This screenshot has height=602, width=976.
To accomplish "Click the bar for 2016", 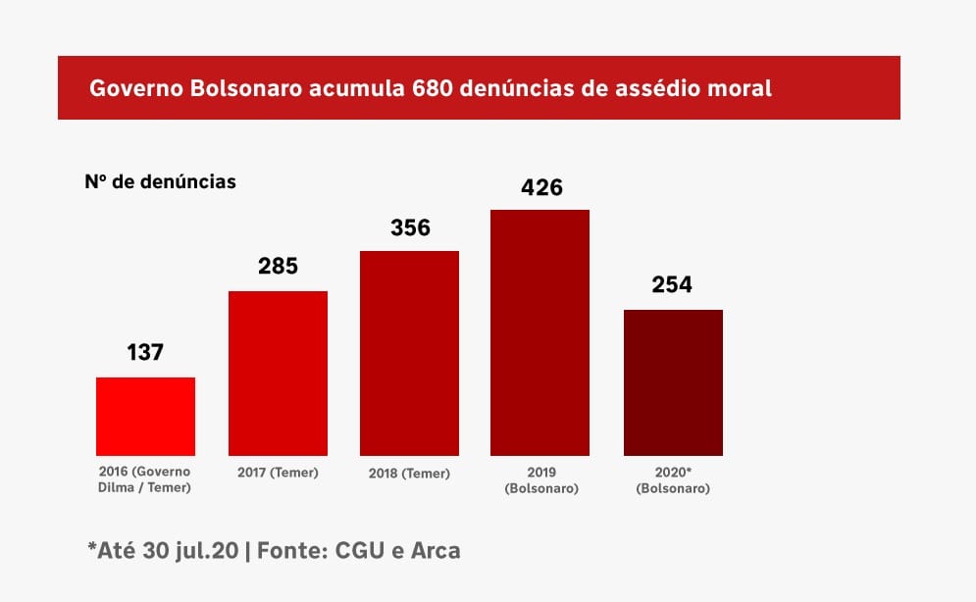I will tap(145, 416).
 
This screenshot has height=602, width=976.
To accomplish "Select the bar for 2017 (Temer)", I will tap(278, 374).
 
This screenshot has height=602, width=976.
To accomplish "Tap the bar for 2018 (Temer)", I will tap(410, 353).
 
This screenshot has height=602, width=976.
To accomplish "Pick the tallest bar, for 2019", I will tap(539, 332).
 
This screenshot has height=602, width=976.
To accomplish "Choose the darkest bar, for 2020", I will tap(673, 382).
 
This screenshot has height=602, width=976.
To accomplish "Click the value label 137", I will tap(145, 352).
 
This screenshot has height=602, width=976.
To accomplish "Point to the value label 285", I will tap(278, 266).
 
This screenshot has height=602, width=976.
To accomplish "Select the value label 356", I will tap(410, 227).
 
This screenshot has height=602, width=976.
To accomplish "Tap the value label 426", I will tap(541, 186).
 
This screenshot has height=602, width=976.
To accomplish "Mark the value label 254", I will tap(673, 284).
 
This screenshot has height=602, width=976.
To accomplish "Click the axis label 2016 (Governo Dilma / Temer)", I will tap(145, 479).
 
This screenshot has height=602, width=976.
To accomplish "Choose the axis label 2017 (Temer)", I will tap(278, 473).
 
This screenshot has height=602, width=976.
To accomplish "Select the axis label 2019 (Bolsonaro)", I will tap(540, 479).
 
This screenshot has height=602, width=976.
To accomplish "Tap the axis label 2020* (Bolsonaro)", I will tap(673, 479).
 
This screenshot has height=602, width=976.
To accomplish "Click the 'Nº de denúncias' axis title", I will tap(160, 182).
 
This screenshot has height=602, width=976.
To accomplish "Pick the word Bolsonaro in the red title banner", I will tap(244, 88).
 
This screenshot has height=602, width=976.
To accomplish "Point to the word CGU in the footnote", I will tap(360, 550).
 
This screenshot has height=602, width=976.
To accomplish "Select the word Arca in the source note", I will tap(434, 550).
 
